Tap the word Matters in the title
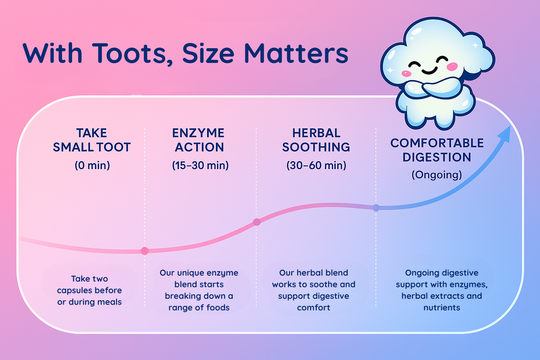tap(296, 53)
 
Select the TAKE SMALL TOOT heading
tap(92, 140)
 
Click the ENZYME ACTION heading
tap(198, 140)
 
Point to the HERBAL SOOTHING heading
tap(316, 140)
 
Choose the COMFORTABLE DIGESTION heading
tap(437, 150)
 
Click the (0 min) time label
tap(92, 166)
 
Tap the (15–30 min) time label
tap(200, 166)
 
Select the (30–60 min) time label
tap(316, 166)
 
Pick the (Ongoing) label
tap(436, 175)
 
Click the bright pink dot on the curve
tap(144, 251)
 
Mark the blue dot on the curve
tap(376, 207)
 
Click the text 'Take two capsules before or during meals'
tap(90, 290)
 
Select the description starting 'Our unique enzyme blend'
tap(199, 290)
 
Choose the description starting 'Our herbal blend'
tap(314, 290)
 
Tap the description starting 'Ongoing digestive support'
tap(441, 290)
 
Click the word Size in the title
tap(208, 53)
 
